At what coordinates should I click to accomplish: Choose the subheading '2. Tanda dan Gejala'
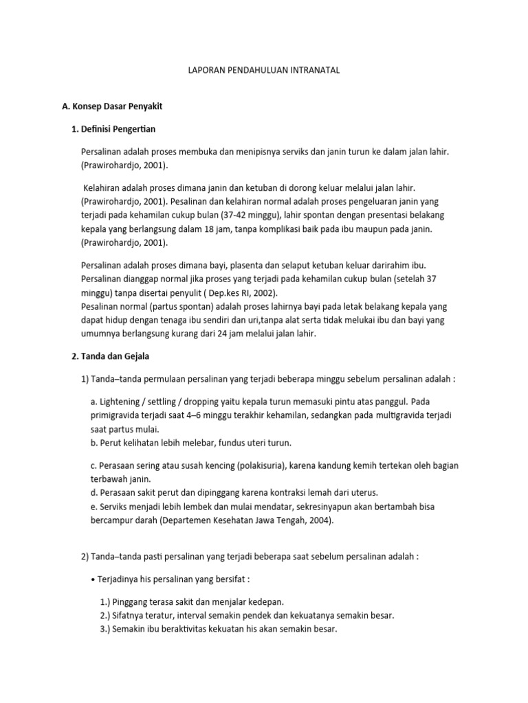(x=115, y=356)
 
